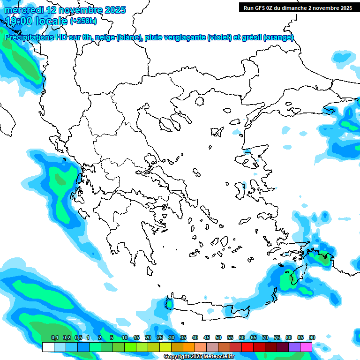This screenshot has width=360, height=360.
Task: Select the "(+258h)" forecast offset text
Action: click(83, 21)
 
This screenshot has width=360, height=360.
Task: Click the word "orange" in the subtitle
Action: click(279, 37)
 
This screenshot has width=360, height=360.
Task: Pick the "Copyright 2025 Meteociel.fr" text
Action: click(205, 357)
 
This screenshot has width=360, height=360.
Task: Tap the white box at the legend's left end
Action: click(48, 347)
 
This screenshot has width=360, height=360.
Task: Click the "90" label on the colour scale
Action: click(312, 337)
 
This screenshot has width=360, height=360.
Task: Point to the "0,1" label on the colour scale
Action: click(54, 337)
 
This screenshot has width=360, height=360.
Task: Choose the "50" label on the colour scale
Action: click(218, 337)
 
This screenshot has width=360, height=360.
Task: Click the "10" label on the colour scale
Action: click(125, 337)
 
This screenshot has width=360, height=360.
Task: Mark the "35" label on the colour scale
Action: click(183, 337)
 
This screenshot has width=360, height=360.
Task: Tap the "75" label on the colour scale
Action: click(277, 337)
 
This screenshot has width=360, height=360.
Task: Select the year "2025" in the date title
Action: click(114, 10)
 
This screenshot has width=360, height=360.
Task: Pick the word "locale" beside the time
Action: click(52, 21)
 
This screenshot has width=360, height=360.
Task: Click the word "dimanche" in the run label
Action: click(297, 8)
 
